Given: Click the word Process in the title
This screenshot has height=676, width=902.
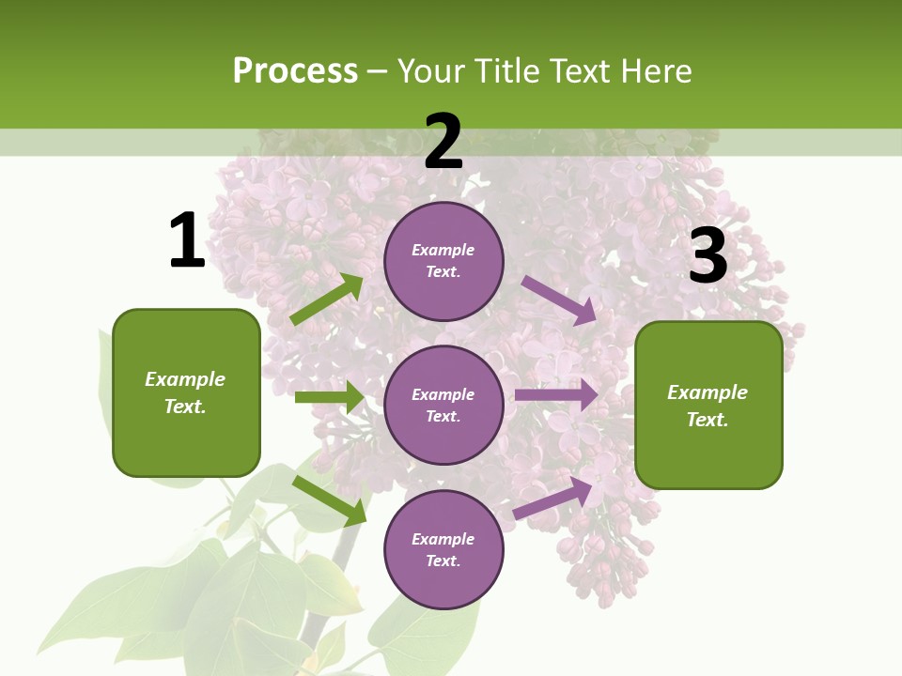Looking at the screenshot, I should [x=295, y=71].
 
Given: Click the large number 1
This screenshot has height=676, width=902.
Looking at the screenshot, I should [x=187, y=241].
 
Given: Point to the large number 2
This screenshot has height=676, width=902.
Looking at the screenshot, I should [x=443, y=142].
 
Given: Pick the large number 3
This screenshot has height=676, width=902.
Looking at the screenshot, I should [x=708, y=256].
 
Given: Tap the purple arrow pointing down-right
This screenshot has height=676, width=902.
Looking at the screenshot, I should [x=559, y=300].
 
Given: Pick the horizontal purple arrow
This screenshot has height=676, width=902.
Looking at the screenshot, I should [x=556, y=395].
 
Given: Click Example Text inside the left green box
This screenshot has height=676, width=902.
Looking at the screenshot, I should [x=185, y=392].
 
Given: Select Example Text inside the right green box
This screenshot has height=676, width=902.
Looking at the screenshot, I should [x=708, y=406].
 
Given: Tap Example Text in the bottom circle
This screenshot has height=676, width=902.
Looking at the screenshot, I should [x=443, y=549].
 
